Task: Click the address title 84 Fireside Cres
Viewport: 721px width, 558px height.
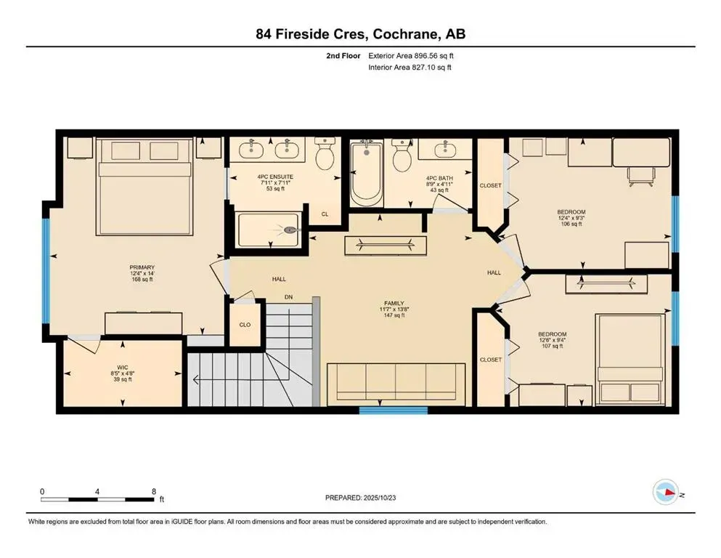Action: [x=360, y=34]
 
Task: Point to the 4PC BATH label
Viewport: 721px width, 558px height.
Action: [x=439, y=177]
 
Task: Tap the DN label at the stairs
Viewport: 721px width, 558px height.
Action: [x=288, y=296]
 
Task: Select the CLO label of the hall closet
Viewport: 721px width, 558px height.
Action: [x=245, y=324]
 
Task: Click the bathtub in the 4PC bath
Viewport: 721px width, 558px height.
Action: [x=366, y=174]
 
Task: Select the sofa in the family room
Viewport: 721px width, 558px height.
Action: [x=395, y=384]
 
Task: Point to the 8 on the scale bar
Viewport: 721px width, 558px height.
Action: [x=153, y=491]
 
